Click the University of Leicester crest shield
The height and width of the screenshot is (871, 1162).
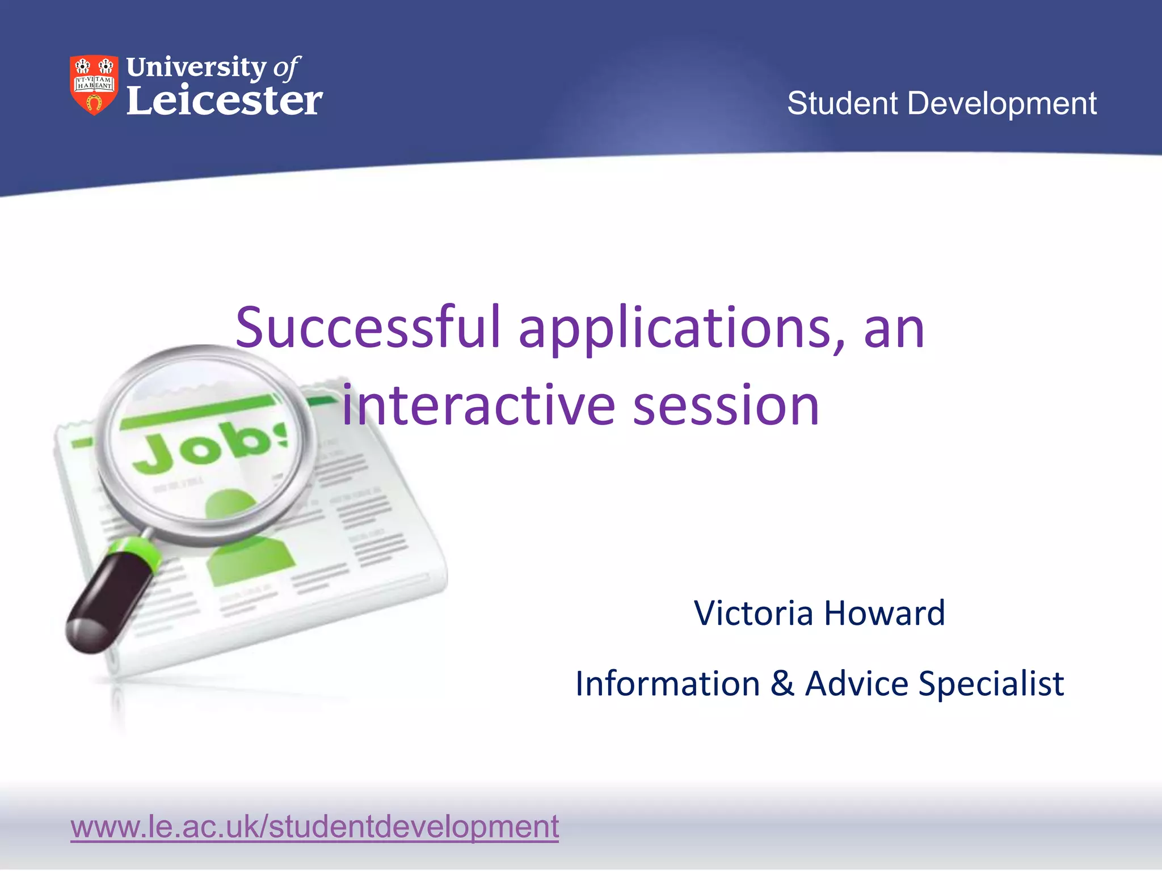(x=94, y=85)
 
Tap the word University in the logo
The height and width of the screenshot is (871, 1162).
(x=196, y=67)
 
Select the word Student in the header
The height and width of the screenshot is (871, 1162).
(x=843, y=103)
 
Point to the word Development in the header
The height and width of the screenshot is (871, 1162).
(x=1002, y=103)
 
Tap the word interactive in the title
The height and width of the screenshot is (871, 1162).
(x=478, y=405)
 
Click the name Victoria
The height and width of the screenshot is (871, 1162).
(x=754, y=613)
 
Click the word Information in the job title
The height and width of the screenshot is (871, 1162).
(x=667, y=683)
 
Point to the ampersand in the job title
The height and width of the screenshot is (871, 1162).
(x=782, y=683)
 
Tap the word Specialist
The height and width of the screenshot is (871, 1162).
(x=991, y=683)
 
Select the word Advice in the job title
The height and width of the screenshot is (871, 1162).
(x=857, y=683)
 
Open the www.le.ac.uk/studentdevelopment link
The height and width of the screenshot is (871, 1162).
(x=314, y=826)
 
